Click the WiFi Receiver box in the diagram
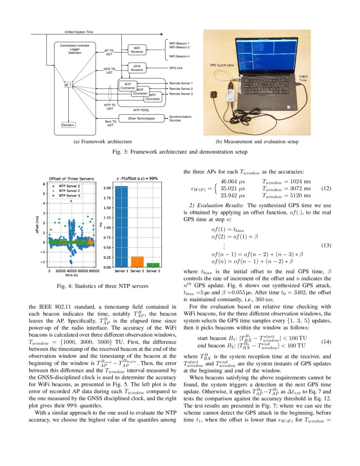point(137,50)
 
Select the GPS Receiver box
point(137,68)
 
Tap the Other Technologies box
point(141,118)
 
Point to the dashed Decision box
point(68,125)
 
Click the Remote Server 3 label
point(181,94)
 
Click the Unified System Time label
point(79,32)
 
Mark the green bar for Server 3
point(153,265)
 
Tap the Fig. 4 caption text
point(102,286)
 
